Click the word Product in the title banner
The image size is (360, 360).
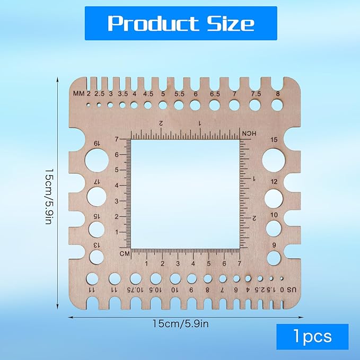153,23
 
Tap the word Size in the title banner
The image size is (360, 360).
231,23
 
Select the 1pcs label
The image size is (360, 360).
312,337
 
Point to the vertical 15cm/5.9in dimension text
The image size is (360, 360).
49,197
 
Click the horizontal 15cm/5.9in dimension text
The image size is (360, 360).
181,324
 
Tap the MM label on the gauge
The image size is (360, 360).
79,94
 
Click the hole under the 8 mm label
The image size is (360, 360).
277,105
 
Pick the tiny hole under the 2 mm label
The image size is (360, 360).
89,104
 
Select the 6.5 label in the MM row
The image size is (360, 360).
215,94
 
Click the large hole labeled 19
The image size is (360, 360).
96,160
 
